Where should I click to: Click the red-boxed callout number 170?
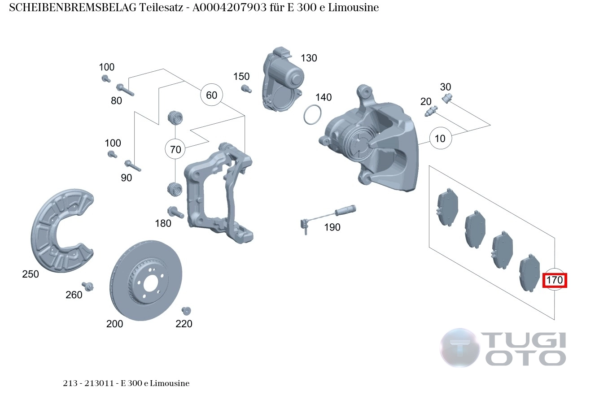coord(555,280)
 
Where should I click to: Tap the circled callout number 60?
coord(211,95)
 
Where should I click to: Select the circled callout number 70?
coord(175,149)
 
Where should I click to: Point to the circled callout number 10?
coord(440,139)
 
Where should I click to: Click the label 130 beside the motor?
coord(309,58)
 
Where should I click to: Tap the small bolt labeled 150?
coord(245,88)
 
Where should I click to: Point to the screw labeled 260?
coord(88,286)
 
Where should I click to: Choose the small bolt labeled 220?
coord(186,310)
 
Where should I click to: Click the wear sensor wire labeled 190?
coord(327,214)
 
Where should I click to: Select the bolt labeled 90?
coord(132,165)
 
